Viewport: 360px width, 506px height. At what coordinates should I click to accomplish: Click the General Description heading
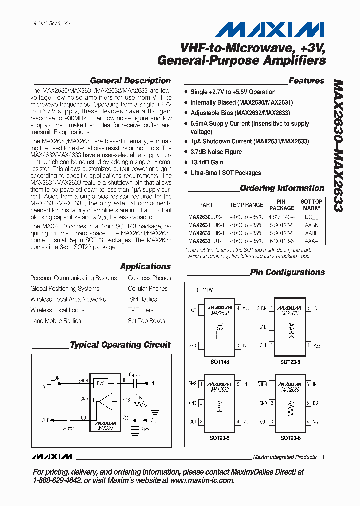pyautogui.click(x=130, y=81)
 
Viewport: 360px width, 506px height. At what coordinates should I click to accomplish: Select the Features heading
pyautogui.click(x=306, y=81)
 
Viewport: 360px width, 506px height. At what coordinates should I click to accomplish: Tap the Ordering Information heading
pyautogui.click(x=282, y=188)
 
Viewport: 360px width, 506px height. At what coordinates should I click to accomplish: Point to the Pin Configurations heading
pyautogui.click(x=287, y=272)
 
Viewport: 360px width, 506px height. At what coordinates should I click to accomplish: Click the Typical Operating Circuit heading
pyautogui.click(x=120, y=345)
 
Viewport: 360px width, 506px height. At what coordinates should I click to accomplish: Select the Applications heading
pyautogui.click(x=145, y=267)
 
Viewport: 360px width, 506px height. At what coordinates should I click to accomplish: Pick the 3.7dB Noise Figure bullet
pyautogui.click(x=216, y=152)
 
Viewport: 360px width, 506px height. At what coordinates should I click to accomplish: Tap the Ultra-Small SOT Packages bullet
pyautogui.click(x=226, y=173)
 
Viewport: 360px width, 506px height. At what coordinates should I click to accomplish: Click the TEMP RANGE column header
pyautogui.click(x=246, y=205)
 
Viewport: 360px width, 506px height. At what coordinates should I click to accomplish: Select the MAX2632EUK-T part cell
pyautogui.click(x=206, y=233)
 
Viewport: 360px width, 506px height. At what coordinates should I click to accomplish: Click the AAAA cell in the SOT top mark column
pyautogui.click(x=311, y=240)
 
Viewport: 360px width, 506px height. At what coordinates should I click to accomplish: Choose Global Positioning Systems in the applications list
pyautogui.click(x=65, y=289)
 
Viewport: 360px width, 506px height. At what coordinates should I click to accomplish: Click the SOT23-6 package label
pyautogui.click(x=290, y=438)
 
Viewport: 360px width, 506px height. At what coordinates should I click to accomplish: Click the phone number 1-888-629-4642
pyautogui.click(x=57, y=480)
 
